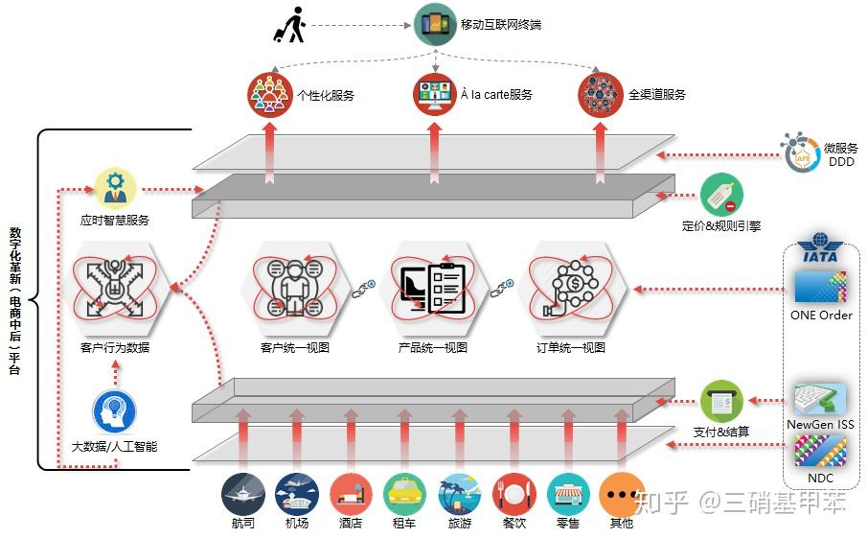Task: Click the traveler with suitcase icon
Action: (x=288, y=25)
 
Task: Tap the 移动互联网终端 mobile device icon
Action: (x=434, y=24)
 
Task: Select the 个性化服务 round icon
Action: (x=269, y=94)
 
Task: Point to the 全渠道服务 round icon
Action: (x=600, y=94)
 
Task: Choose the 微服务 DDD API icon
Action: (x=800, y=152)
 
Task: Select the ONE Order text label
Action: (x=821, y=316)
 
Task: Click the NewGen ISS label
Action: (x=820, y=425)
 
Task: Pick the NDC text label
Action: (x=820, y=479)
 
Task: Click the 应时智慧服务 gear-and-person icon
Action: (x=115, y=188)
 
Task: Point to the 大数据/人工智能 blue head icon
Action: (x=114, y=412)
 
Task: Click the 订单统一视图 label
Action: (x=571, y=348)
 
